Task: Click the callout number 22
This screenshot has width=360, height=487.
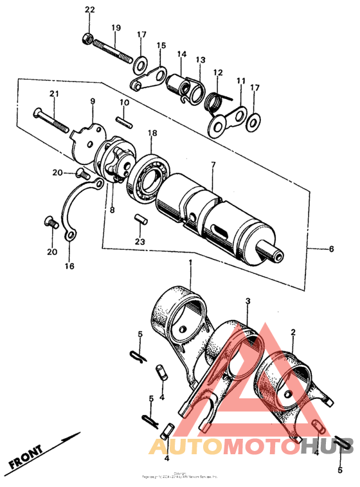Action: point(89,10)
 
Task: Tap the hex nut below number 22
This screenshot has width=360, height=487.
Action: point(87,39)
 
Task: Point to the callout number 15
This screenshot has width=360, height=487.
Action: point(161,46)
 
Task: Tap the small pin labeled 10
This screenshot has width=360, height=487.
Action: point(124,120)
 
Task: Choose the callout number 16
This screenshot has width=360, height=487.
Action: point(69,265)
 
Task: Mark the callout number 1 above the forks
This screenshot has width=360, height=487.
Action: point(190,263)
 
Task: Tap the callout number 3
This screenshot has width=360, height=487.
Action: point(248,301)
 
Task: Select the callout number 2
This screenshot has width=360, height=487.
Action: point(292,332)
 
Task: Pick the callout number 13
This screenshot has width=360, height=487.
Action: point(201,60)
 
